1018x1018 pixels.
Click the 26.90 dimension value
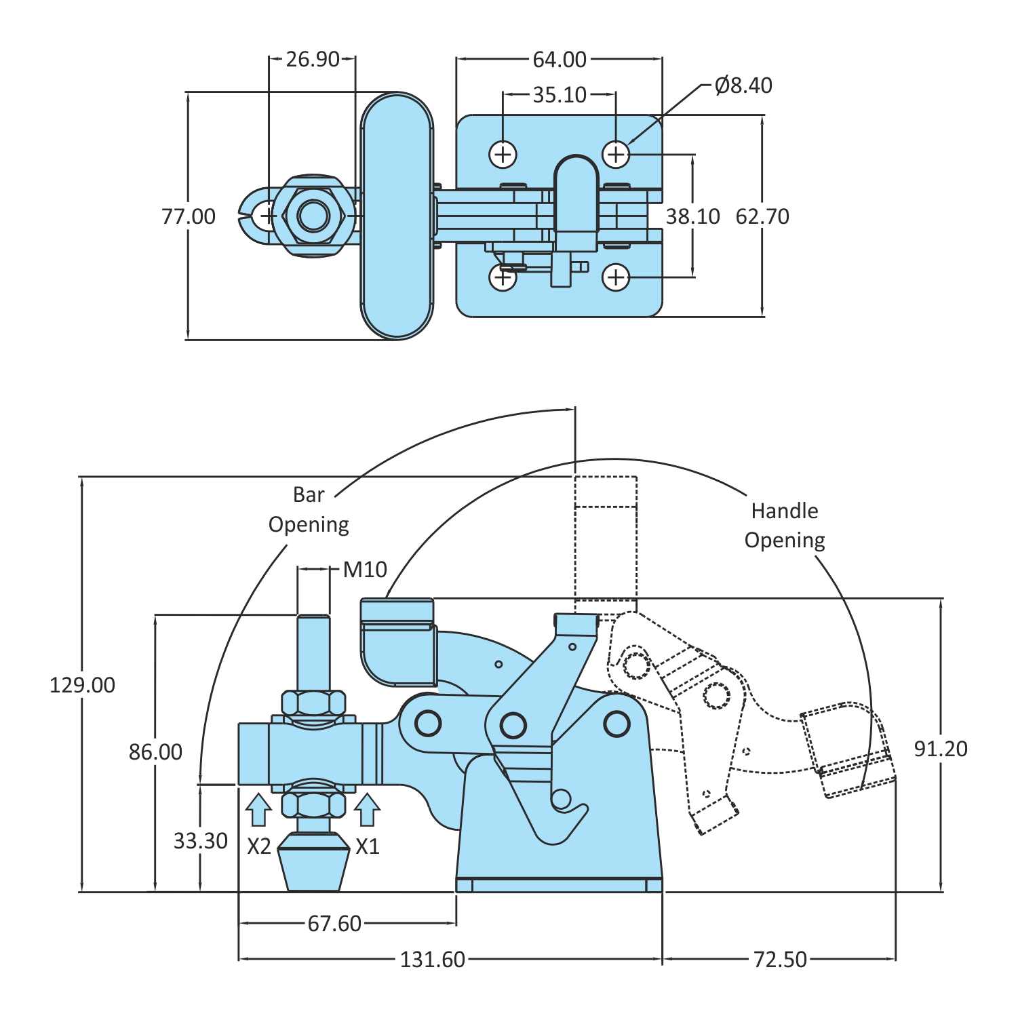[312, 60]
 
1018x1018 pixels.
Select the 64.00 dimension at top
[559, 60]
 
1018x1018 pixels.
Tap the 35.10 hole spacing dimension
[559, 95]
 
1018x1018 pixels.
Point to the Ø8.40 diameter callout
[743, 85]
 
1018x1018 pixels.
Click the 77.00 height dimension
[189, 216]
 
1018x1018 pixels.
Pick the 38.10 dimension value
[692, 216]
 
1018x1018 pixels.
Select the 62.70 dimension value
[762, 216]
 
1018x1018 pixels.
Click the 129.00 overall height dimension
[82, 685]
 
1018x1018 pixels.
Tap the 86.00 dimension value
[155, 751]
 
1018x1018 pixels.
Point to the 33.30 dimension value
[200, 841]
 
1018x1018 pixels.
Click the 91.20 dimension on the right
[941, 749]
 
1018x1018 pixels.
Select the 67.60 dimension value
[334, 923]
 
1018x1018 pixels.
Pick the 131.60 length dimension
[432, 960]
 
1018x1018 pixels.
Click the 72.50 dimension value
[780, 960]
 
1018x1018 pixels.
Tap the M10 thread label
[365, 570]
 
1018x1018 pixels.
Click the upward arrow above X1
[367, 810]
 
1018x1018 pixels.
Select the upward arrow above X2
[258, 810]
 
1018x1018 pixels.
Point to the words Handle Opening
[785, 526]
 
